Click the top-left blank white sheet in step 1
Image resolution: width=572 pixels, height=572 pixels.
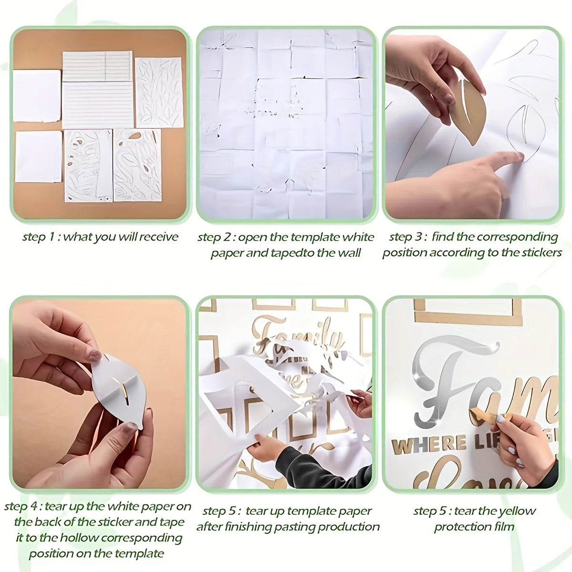[x=37, y=95]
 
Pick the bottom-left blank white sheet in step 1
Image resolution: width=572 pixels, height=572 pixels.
[x=38, y=156]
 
